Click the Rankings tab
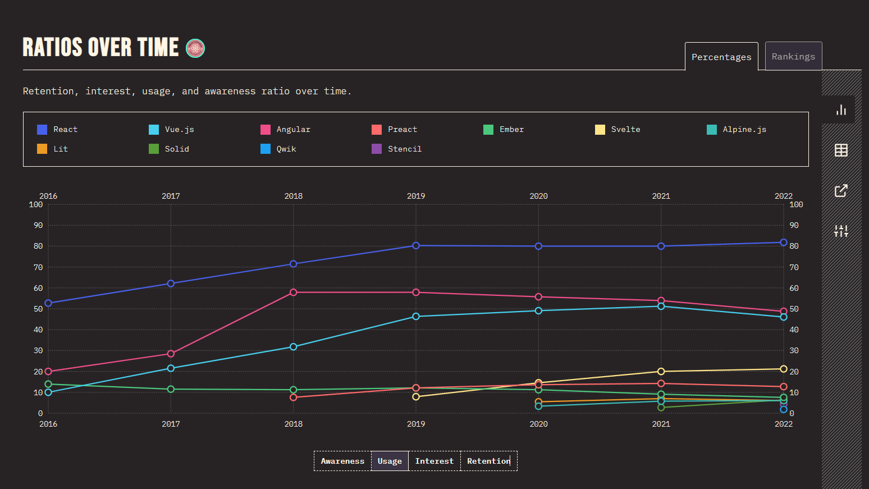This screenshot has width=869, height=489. point(793,56)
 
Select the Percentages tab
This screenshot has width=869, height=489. point(721,57)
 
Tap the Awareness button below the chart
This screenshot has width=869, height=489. point(342,461)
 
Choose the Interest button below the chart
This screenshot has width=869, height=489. point(434,461)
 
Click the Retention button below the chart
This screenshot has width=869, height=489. point(488,461)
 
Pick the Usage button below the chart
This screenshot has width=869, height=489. point(390,461)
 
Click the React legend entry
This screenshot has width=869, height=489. point(57,130)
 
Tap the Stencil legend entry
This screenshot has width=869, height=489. point(397,149)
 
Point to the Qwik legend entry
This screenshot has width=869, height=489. point(278,149)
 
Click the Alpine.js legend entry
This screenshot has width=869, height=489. point(737,130)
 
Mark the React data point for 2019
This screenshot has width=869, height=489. point(416,245)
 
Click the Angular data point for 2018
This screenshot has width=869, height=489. point(294,293)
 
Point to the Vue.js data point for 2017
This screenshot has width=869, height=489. point(171,368)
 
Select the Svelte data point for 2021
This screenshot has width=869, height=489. point(661,372)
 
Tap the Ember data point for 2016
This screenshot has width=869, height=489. point(48,385)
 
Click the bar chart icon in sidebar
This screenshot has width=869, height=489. point(841,109)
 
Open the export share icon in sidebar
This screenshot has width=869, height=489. point(841,191)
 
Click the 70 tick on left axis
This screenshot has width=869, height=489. point(38,267)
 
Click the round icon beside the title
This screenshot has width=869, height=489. point(195,48)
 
